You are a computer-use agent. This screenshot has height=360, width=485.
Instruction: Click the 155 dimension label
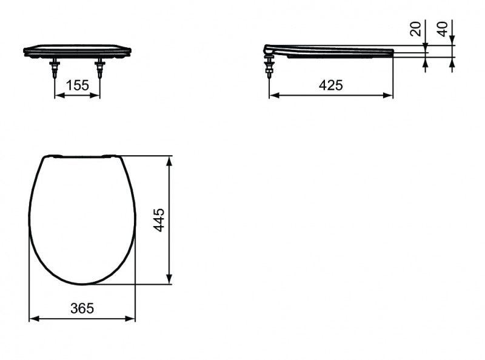click(78, 85)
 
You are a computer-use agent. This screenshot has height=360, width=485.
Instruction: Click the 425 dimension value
click(330, 85)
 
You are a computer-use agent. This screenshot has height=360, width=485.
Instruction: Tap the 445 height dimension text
click(159, 219)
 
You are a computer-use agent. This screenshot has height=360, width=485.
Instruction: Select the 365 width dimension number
click(82, 308)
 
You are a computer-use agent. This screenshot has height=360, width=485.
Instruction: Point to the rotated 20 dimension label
click(416, 28)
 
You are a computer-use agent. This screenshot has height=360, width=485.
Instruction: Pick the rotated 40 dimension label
click(443, 28)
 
